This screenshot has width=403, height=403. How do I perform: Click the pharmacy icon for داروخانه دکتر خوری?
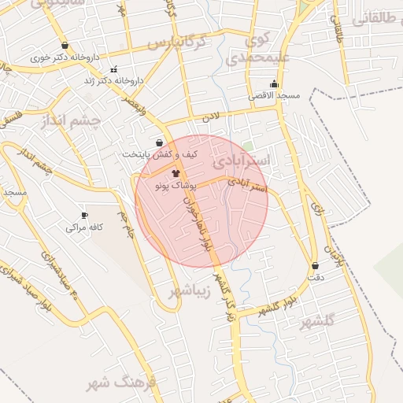point(64,45)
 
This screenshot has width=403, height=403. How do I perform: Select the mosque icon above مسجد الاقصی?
point(274,83)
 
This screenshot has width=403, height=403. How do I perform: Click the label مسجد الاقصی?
point(275,95)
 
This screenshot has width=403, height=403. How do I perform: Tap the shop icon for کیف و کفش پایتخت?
point(161,143)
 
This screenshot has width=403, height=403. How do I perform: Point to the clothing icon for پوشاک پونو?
point(175,172)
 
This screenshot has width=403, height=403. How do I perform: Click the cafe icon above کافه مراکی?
point(85,215)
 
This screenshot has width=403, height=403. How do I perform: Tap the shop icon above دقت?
point(316,266)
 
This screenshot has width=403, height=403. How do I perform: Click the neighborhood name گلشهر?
point(318,321)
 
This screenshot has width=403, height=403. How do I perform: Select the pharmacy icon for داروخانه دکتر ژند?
point(115,68)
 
